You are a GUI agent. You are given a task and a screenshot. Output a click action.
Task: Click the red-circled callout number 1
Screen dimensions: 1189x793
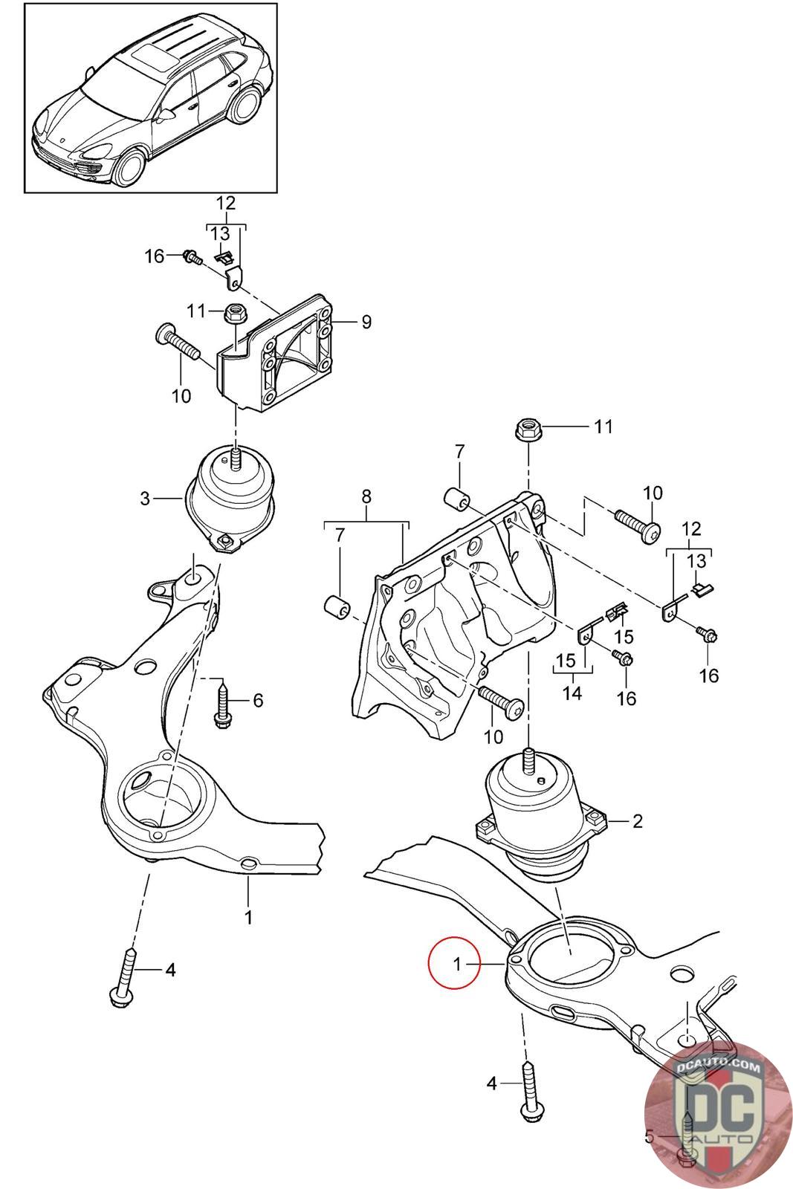tap(458, 964)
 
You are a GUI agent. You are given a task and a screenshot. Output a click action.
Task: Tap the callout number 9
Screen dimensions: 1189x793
tap(366, 322)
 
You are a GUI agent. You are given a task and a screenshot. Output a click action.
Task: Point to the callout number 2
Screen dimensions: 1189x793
tap(637, 821)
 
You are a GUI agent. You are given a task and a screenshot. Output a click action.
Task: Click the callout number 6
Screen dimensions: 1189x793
tap(257, 700)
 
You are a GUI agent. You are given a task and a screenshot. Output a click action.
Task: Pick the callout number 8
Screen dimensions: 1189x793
tap(366, 497)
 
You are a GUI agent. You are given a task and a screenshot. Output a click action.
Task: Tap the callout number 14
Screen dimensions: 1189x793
tap(572, 693)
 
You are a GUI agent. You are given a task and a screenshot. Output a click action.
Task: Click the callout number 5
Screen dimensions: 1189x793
tap(649, 1135)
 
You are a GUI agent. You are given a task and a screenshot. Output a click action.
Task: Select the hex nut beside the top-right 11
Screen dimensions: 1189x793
tap(528, 429)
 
